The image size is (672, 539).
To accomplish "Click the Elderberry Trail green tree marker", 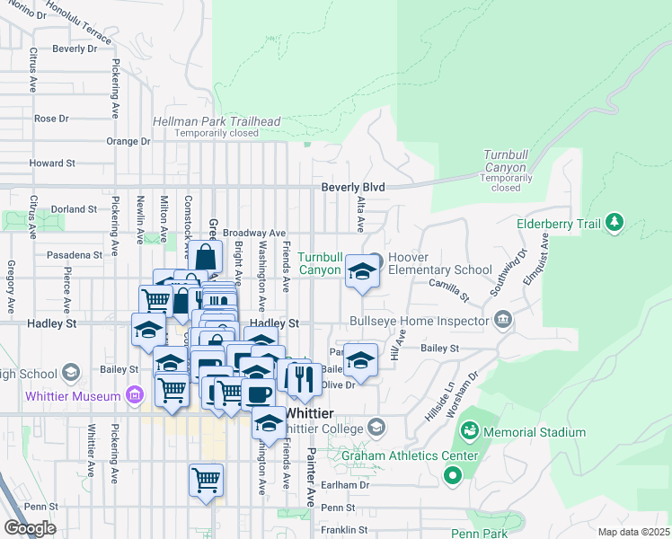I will click(x=615, y=222).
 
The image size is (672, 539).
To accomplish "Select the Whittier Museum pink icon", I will click(x=135, y=395).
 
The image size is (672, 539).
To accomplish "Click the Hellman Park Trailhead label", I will click(x=217, y=121).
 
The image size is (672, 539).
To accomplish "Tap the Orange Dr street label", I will click(x=128, y=141).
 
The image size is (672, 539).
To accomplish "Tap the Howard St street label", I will click(x=51, y=163).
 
